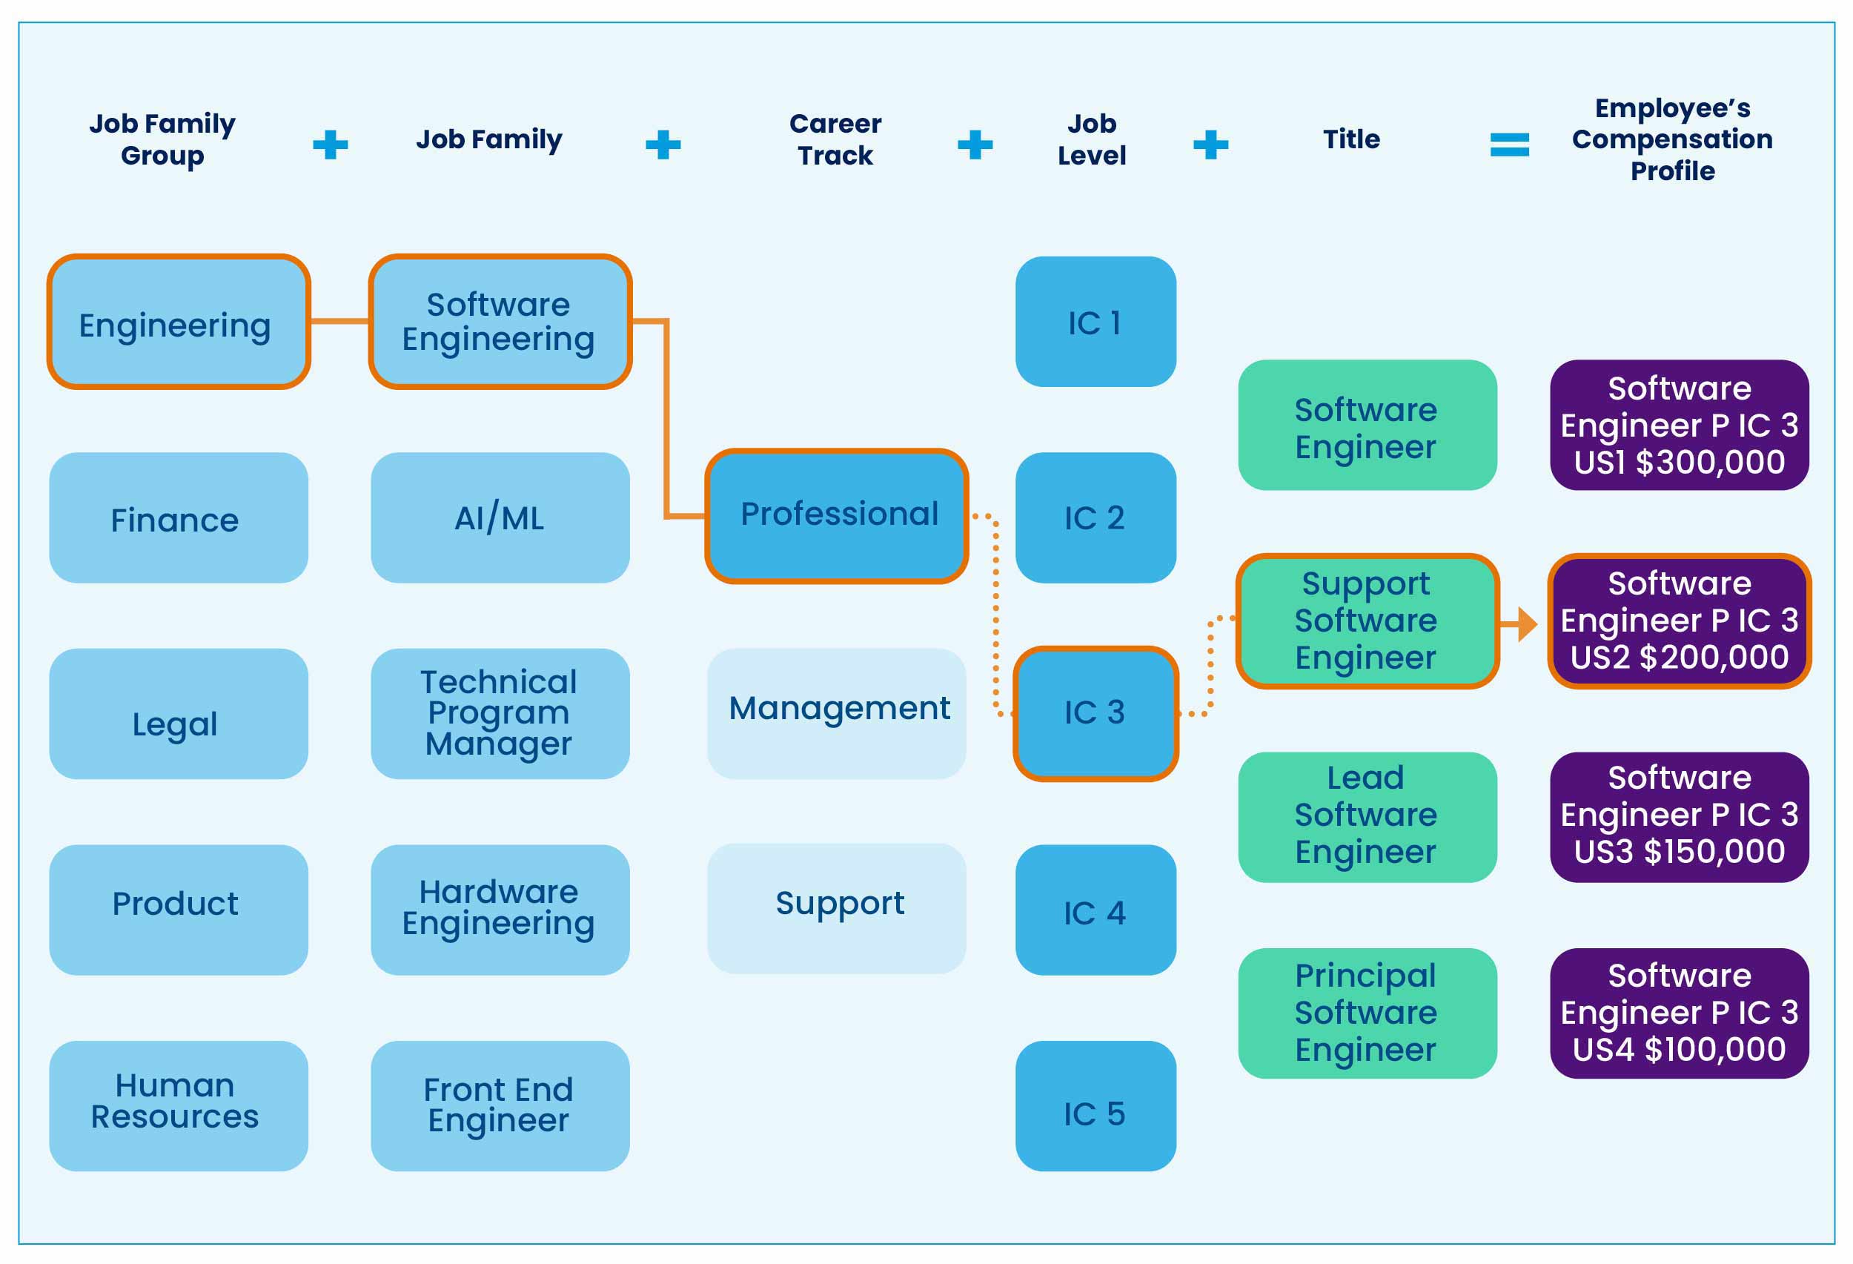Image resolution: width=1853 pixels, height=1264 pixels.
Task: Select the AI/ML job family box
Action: (x=499, y=517)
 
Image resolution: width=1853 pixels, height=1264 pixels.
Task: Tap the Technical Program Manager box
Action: (x=499, y=713)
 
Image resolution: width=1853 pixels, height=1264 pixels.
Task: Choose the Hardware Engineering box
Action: (x=499, y=909)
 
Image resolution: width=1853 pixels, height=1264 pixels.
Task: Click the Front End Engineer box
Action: (x=499, y=1105)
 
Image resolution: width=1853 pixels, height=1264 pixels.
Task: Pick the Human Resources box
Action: (x=178, y=1105)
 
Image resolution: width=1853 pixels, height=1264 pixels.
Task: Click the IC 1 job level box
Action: (x=1095, y=322)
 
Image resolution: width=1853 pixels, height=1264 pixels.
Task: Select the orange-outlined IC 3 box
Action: (x=1095, y=713)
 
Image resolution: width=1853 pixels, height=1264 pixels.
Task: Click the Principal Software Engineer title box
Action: (x=1367, y=1013)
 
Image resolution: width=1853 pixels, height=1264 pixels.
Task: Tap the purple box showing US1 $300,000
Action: (x=1678, y=424)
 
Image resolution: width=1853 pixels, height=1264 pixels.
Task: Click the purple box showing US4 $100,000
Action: (x=1678, y=1013)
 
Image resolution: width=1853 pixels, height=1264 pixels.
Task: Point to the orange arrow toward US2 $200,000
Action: (x=1520, y=624)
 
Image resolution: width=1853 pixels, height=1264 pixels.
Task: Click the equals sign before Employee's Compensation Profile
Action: (x=1508, y=145)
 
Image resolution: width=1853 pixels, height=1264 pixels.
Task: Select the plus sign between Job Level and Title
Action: (x=1210, y=145)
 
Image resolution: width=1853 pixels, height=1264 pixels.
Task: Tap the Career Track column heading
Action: (x=835, y=139)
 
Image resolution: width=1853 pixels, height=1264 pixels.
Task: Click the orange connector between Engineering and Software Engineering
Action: (x=339, y=322)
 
